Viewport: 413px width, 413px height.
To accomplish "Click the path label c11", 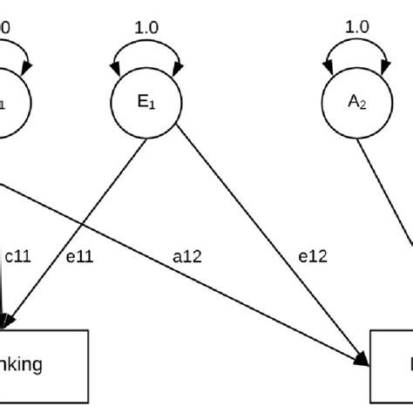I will pos(18,256).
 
